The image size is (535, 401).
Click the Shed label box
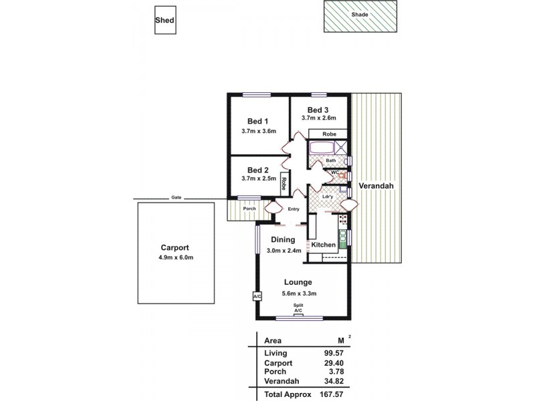[165, 21]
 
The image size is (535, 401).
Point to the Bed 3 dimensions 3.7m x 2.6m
[318, 118]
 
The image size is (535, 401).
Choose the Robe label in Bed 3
[329, 134]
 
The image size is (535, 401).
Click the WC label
[335, 172]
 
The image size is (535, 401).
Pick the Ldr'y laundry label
[328, 196]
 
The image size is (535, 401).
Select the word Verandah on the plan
[374, 185]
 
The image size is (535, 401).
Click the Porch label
[249, 209]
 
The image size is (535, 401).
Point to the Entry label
[294, 209]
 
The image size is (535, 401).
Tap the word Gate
[176, 198]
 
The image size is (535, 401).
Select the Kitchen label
[324, 245]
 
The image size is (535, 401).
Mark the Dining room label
[284, 239]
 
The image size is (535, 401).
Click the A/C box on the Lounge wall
[257, 295]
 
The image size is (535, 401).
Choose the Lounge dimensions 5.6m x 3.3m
[298, 293]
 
